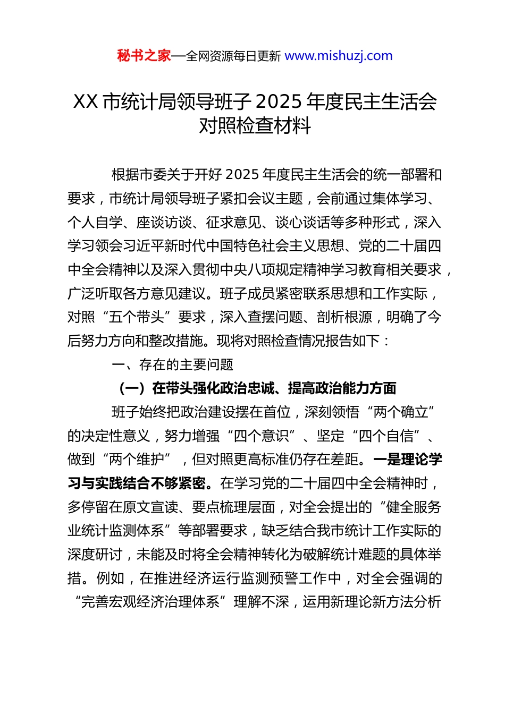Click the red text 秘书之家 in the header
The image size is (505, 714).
pyautogui.click(x=144, y=56)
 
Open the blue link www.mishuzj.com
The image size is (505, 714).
pyautogui.click(x=339, y=56)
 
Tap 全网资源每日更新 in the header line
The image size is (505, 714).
pyautogui.click(x=233, y=56)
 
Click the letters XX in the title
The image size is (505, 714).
pyautogui.click(x=85, y=101)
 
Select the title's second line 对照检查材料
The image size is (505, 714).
pyautogui.click(x=255, y=126)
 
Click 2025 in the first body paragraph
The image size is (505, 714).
pyautogui.click(x=242, y=175)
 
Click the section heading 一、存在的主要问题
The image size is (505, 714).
pyautogui.click(x=173, y=364)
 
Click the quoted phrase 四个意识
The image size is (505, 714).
pyautogui.click(x=261, y=436)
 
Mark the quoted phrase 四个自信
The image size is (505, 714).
pyautogui.click(x=386, y=436)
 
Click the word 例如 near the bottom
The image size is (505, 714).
pyautogui.click(x=110, y=578)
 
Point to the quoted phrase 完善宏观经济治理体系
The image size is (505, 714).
pyautogui.click(x=150, y=602)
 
